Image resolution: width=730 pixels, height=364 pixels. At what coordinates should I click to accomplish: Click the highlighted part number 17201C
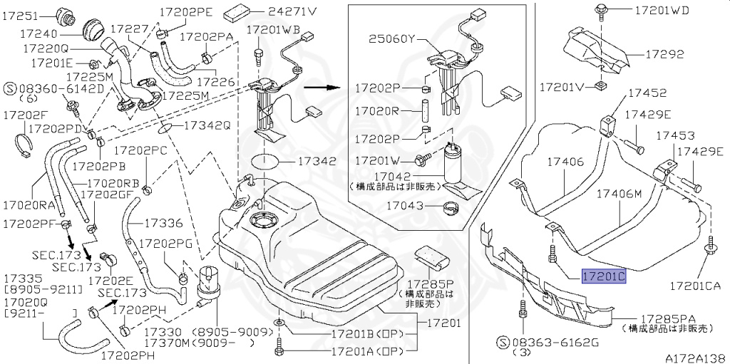pos(604,276)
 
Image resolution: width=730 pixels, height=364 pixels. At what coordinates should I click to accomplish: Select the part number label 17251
pos(22,14)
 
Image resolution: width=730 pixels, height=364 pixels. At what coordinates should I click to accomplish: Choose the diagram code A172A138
pos(695,358)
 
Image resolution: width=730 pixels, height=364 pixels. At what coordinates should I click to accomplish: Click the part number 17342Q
pos(207,125)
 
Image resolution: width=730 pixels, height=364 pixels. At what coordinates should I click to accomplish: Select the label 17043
pos(406,206)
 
